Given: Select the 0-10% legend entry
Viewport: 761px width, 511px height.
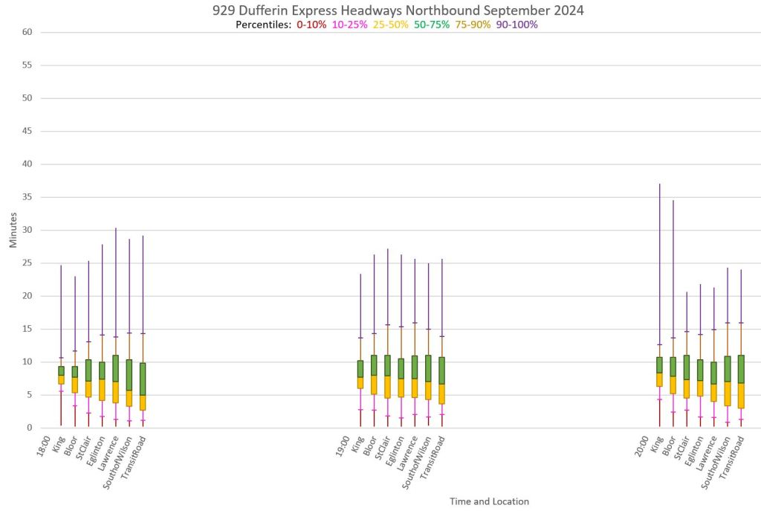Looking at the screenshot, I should (x=311, y=25).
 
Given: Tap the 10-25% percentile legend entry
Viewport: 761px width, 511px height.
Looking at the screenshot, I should (x=350, y=25).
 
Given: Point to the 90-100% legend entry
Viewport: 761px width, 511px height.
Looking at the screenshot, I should (x=516, y=25).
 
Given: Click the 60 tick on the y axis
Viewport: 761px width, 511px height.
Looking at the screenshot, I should (x=27, y=32).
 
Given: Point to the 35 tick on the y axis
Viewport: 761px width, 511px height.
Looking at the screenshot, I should (x=27, y=197).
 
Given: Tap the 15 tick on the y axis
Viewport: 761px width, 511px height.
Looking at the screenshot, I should (x=27, y=329).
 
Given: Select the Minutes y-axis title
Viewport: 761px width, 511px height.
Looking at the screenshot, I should (x=13, y=230).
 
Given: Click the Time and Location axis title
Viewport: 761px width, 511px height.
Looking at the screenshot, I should (x=489, y=501).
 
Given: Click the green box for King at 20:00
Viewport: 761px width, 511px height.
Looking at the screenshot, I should (x=658, y=365).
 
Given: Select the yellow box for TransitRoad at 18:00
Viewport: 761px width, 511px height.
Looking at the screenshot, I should (x=143, y=402).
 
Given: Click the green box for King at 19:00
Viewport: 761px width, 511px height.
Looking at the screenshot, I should (x=360, y=369).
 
